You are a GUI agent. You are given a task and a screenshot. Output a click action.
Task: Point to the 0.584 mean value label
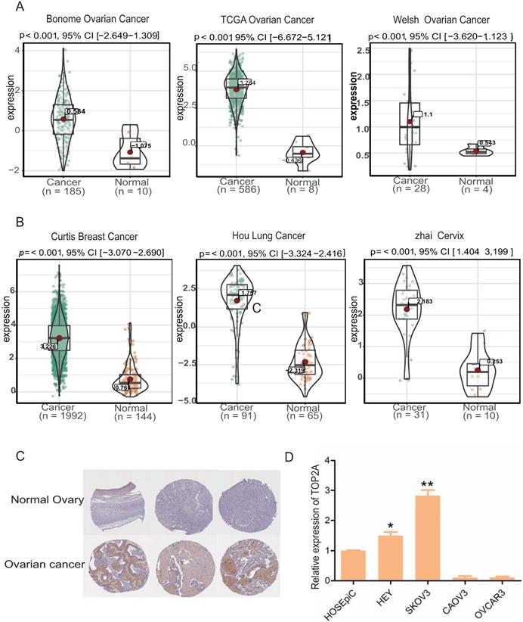pyautogui.click(x=75, y=111)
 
